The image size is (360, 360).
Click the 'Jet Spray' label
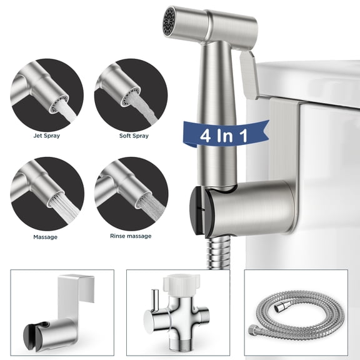click(47, 135)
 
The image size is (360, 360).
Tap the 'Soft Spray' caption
click(131, 135)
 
